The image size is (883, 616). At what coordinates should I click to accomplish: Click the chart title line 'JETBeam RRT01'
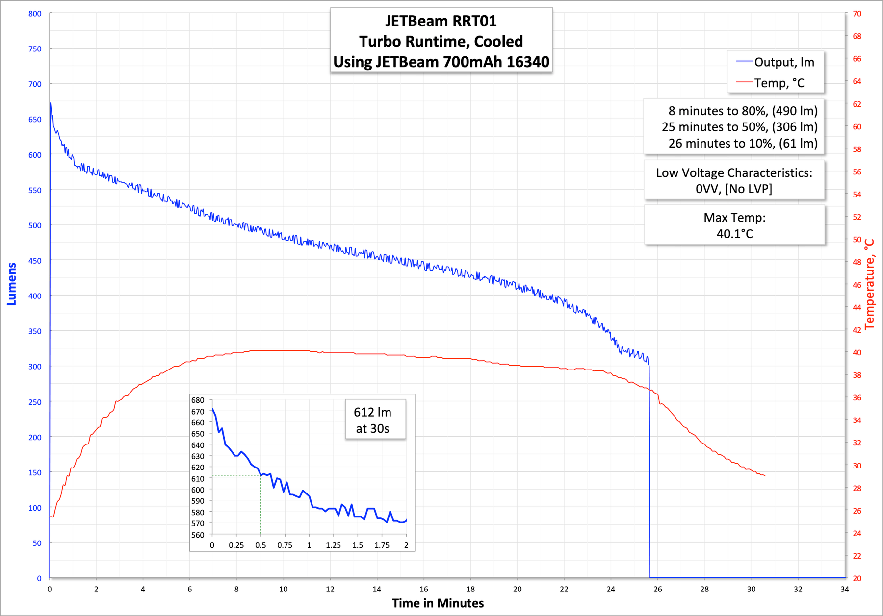(441, 21)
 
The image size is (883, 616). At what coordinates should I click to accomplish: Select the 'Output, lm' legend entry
(784, 62)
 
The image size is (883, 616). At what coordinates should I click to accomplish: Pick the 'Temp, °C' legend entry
(779, 83)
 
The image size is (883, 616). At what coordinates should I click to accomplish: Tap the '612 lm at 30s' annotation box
(373, 420)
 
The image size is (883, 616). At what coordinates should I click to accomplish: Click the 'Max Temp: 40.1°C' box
(734, 225)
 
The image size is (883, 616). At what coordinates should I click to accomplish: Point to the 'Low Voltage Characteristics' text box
(734, 180)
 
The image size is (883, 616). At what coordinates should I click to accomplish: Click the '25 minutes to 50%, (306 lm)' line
(739, 127)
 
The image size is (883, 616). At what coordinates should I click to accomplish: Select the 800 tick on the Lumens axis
(35, 14)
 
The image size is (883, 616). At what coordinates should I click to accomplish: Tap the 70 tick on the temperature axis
(857, 14)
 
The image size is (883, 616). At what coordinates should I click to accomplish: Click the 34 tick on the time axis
(844, 589)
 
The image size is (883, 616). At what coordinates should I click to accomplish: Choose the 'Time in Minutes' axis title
(438, 603)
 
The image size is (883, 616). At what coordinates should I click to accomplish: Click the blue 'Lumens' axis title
(12, 284)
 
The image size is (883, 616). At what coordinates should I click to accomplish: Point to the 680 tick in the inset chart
(198, 400)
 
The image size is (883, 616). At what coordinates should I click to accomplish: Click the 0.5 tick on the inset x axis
(260, 545)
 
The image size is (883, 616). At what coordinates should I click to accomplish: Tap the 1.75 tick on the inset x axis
(382, 545)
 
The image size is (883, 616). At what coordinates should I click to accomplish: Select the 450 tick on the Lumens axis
(35, 261)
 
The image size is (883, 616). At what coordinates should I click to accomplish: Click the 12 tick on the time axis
(330, 589)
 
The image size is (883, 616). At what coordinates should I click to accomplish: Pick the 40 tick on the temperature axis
(857, 352)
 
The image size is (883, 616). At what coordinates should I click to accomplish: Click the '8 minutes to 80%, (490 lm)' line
(743, 111)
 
